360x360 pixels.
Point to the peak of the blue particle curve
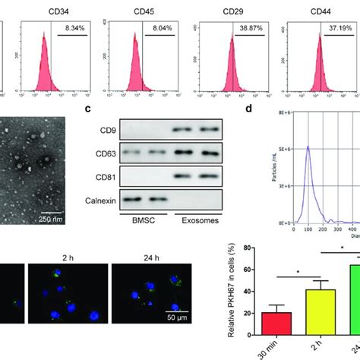tap(287, 147)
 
